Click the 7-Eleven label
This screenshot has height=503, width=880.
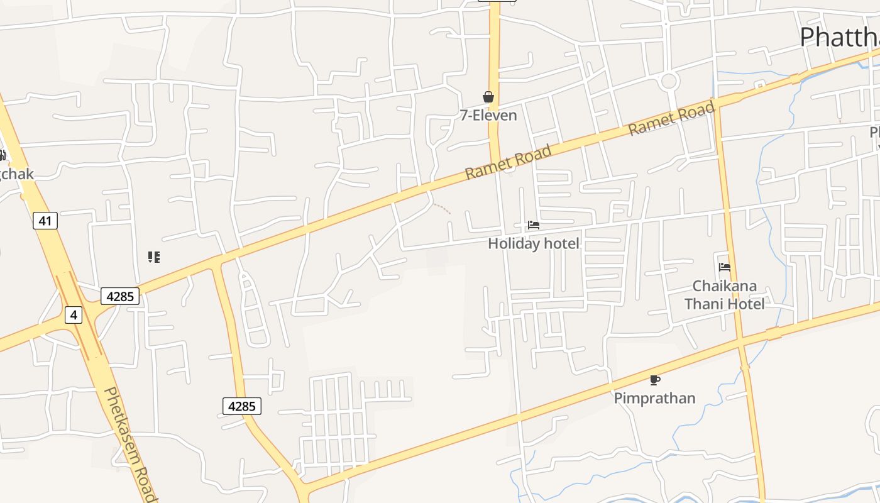(488, 115)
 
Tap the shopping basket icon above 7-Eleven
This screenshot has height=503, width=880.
(488, 97)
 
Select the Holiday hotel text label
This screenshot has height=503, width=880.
(534, 243)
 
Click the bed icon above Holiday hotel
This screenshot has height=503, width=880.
(534, 225)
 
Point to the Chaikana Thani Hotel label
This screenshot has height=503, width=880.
(724, 295)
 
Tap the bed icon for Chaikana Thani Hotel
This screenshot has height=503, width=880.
(724, 267)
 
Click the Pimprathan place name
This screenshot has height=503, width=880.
(654, 398)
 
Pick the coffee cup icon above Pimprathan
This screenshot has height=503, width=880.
(654, 380)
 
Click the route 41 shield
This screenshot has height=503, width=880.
(45, 221)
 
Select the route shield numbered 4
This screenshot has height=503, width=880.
(74, 314)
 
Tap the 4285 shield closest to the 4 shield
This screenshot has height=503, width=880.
(119, 296)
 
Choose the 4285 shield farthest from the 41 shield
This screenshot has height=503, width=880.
(241, 406)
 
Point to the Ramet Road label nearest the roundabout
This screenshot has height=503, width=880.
(672, 119)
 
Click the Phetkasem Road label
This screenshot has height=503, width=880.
(129, 443)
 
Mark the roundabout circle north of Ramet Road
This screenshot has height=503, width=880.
(668, 81)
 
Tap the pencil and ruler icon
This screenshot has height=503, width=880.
(154, 257)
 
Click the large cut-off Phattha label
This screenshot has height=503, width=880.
(839, 38)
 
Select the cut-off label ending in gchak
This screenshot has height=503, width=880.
(16, 174)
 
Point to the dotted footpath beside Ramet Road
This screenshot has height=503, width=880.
(442, 209)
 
